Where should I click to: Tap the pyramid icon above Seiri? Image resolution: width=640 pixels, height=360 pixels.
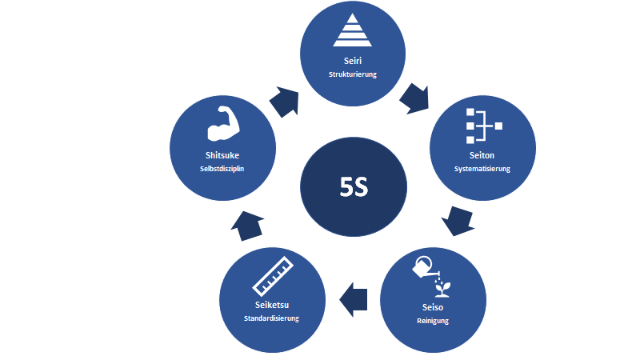352,31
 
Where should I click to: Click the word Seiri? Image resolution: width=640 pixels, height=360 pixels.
352,61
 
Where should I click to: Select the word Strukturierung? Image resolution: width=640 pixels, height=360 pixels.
352,74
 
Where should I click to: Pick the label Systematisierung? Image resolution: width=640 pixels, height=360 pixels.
482,169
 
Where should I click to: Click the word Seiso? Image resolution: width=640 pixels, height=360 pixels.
432,307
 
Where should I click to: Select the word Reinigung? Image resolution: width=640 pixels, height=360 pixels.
432,321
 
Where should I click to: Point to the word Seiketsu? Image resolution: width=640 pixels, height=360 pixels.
271,305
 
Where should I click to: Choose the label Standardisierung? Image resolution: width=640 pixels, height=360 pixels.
271,318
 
